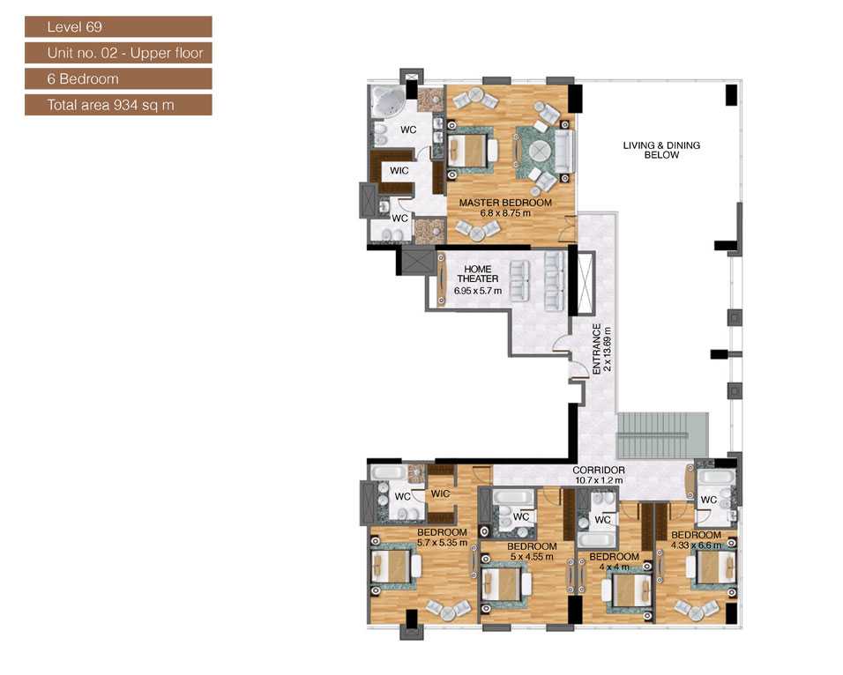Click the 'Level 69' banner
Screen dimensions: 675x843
tap(118, 26)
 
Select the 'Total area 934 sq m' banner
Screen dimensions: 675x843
tap(118, 106)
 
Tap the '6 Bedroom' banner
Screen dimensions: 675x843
tap(118, 79)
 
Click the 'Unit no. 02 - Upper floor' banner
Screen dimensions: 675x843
tap(118, 53)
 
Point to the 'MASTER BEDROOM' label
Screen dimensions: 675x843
tap(505, 203)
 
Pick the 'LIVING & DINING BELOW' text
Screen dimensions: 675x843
tap(661, 150)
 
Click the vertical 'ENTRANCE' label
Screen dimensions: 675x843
tap(597, 349)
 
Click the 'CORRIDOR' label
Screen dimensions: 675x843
tap(598, 471)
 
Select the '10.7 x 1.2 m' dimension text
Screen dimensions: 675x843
tap(598, 481)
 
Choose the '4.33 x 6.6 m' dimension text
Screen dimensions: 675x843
tap(696, 545)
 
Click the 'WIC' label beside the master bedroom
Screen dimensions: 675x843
tap(399, 170)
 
